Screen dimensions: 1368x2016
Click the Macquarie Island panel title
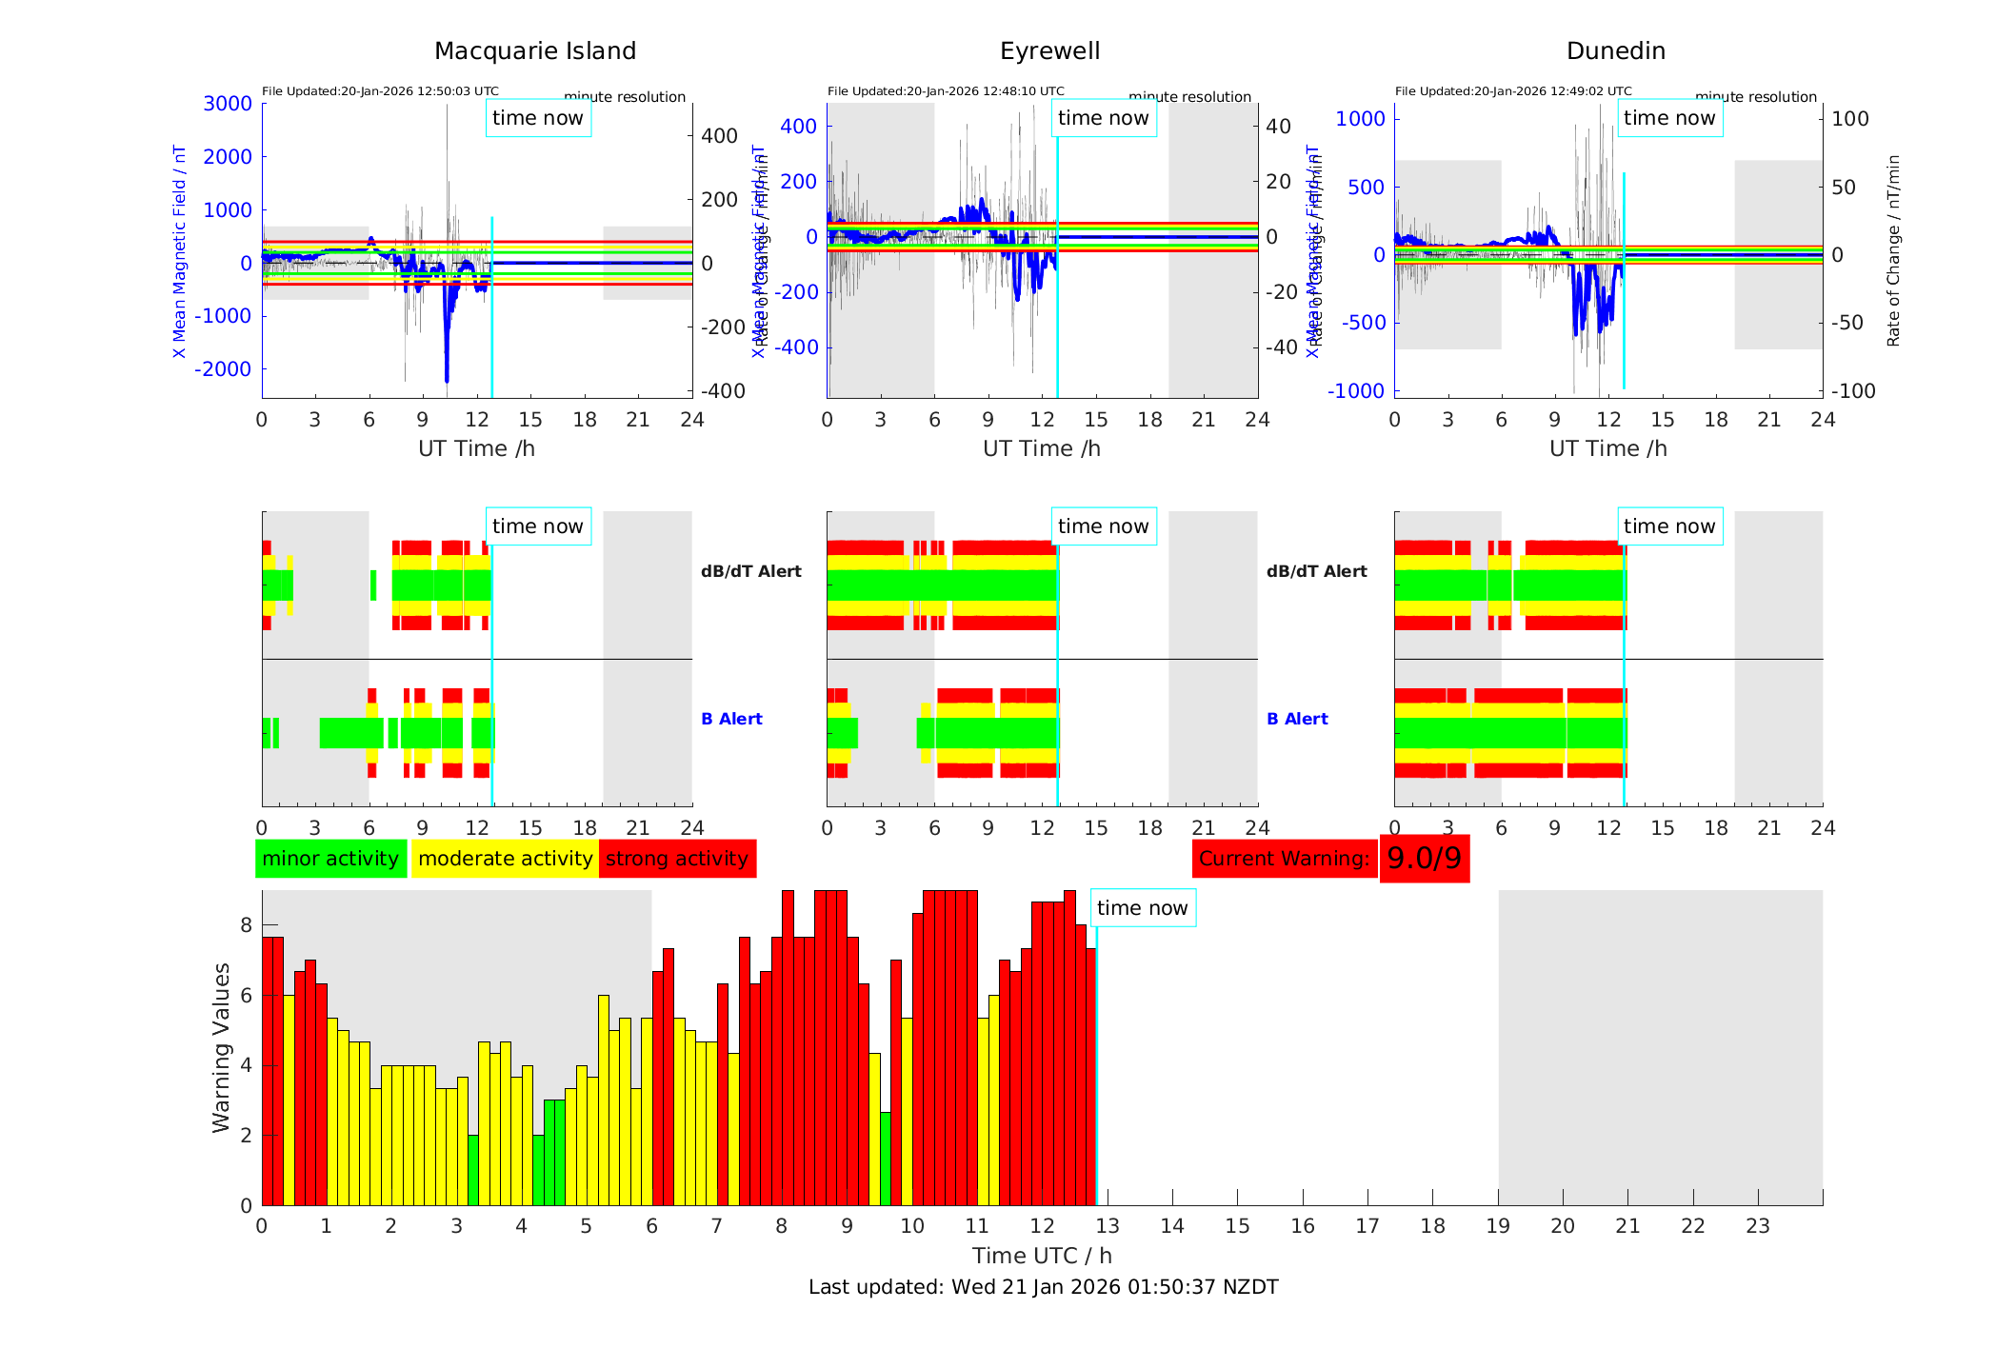(535, 51)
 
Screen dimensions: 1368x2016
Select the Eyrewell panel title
(1049, 51)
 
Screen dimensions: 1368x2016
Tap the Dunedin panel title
(1615, 51)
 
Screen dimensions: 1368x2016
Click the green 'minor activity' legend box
(330, 859)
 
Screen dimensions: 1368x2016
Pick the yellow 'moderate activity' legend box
(505, 859)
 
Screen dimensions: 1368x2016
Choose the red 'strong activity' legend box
(677, 859)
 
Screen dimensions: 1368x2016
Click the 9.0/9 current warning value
(1424, 859)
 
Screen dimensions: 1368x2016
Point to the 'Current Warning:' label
(1284, 859)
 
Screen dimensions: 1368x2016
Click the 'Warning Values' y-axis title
(221, 1047)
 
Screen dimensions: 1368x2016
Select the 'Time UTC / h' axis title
(1042, 1256)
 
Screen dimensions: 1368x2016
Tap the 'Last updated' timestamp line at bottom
(1043, 1287)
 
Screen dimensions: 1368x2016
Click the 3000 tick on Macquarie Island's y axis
(228, 104)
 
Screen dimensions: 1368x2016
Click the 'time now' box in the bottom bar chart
(1142, 908)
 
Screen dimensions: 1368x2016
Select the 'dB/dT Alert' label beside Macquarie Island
(751, 571)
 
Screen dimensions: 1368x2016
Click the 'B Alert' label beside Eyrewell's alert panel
(1297, 719)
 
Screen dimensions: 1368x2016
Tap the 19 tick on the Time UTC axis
(1498, 1226)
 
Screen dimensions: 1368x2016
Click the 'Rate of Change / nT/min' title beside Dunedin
(1893, 250)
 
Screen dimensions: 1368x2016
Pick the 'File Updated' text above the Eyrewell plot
(946, 91)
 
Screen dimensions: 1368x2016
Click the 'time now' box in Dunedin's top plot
(1669, 118)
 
